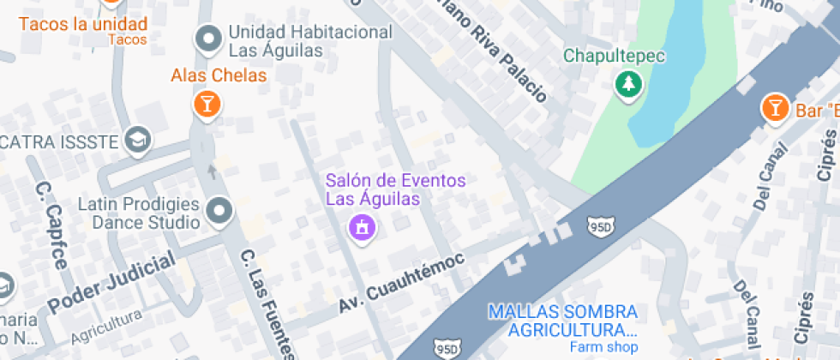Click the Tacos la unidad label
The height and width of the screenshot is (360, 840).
(x=82, y=24)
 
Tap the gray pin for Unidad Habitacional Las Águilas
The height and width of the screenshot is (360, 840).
(x=207, y=39)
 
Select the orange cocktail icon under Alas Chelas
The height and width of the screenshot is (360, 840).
(x=206, y=105)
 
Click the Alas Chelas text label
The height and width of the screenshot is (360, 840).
(x=219, y=75)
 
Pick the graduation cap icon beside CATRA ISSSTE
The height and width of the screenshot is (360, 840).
(x=136, y=139)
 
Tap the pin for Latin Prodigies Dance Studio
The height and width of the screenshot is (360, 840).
(x=220, y=212)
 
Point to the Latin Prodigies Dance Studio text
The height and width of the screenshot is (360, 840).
(x=139, y=213)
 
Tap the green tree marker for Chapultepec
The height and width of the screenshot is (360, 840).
(x=629, y=84)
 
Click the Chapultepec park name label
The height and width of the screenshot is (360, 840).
(x=615, y=57)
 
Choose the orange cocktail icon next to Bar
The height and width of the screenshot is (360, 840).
(x=775, y=109)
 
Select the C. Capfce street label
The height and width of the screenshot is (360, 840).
(x=51, y=225)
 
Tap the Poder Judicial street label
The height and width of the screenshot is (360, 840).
(x=111, y=283)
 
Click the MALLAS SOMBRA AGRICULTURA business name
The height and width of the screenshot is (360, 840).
(x=563, y=321)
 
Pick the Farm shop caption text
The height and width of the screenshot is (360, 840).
(x=605, y=347)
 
